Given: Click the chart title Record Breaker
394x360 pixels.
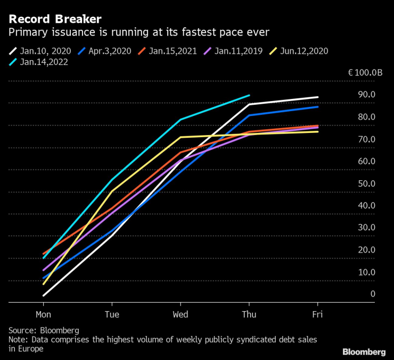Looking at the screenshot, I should [x=55, y=19].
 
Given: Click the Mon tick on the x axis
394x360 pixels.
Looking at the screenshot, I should [x=44, y=314].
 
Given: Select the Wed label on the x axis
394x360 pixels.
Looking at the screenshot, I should [x=180, y=314].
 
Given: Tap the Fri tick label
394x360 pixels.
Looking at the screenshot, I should [x=317, y=314].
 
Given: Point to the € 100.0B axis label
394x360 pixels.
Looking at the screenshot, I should [x=365, y=72].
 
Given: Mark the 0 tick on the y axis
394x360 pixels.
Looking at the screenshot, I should [x=373, y=294].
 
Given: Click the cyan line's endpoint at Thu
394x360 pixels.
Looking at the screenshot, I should [x=249, y=96].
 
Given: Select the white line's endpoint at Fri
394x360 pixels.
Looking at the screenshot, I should [x=318, y=97].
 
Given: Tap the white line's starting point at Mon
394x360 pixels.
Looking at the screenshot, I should [x=44, y=295].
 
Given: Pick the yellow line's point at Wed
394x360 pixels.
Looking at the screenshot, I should [x=180, y=137].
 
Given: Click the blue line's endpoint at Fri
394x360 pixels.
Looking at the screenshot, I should [x=318, y=107].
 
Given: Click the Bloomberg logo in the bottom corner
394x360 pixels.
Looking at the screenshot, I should [x=364, y=351].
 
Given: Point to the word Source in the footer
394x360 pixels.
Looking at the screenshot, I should [x=23, y=330].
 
